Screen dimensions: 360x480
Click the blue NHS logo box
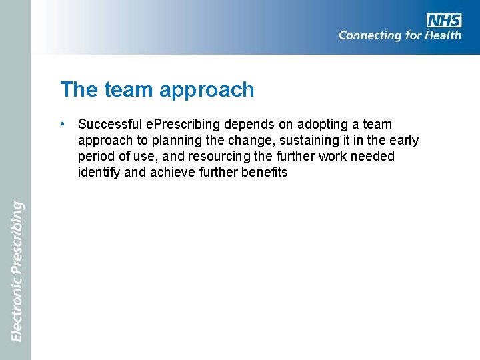[444, 20]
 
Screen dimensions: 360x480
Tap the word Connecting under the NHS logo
[370, 35]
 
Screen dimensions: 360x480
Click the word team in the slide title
[127, 89]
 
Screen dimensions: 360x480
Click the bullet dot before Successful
[61, 124]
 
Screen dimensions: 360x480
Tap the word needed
[375, 157]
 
